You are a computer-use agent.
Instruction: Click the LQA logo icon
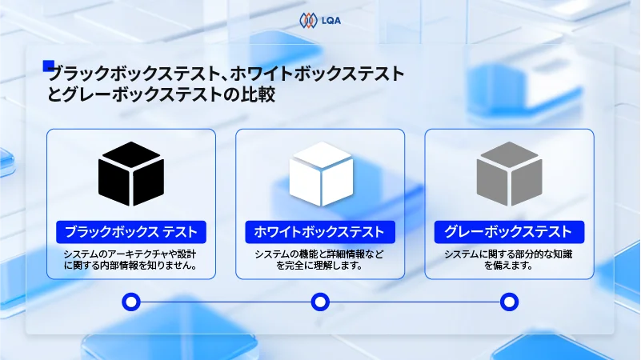(x=307, y=19)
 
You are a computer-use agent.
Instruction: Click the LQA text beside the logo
(x=330, y=19)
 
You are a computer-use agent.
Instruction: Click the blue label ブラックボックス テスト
(x=131, y=232)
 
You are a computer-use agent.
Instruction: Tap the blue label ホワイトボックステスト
(x=320, y=232)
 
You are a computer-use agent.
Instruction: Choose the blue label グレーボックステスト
(x=509, y=232)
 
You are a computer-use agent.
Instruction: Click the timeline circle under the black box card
(x=131, y=302)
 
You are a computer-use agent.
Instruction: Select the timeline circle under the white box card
(x=320, y=302)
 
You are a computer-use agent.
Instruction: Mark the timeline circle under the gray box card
(x=509, y=302)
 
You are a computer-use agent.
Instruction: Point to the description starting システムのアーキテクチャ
(x=131, y=260)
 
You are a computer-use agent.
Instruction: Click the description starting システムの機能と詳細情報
(x=320, y=260)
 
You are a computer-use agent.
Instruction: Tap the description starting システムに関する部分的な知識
(x=509, y=260)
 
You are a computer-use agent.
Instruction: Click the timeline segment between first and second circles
(x=226, y=302)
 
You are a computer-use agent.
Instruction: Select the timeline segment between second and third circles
(x=415, y=302)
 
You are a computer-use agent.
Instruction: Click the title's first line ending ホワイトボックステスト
(x=226, y=74)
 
